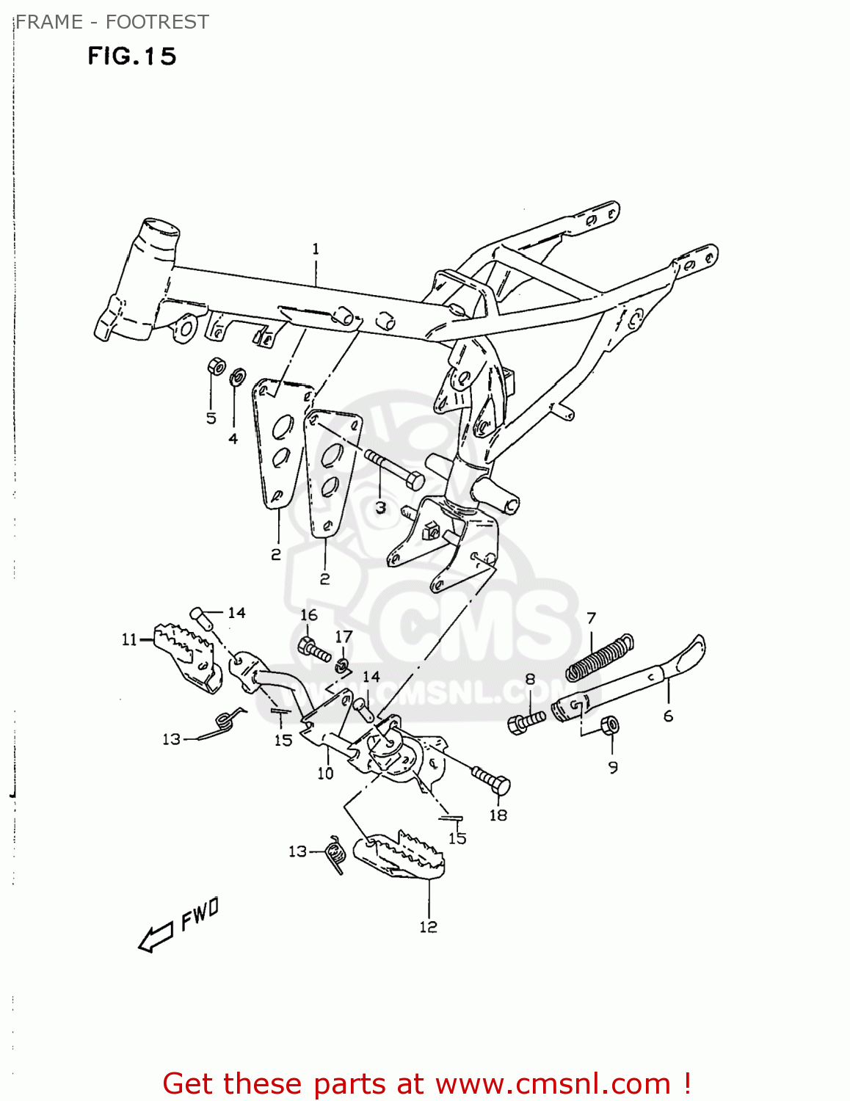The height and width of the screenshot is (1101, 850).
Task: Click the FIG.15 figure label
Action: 132,57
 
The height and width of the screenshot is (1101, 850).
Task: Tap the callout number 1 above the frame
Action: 316,250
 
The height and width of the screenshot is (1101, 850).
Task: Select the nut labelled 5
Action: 215,366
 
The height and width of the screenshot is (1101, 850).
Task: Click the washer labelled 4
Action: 236,379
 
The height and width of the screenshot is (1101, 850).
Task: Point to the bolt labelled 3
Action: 393,470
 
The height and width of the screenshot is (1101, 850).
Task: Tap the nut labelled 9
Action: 610,727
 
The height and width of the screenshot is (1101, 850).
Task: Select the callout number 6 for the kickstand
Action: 668,716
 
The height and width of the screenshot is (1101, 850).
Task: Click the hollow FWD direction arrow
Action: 156,937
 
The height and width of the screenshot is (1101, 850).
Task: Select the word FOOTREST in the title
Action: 157,22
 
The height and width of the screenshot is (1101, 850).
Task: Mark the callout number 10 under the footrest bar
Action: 325,773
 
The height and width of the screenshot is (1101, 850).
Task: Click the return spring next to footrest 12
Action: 335,854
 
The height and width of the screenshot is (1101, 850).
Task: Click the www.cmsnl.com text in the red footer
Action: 553,1083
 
